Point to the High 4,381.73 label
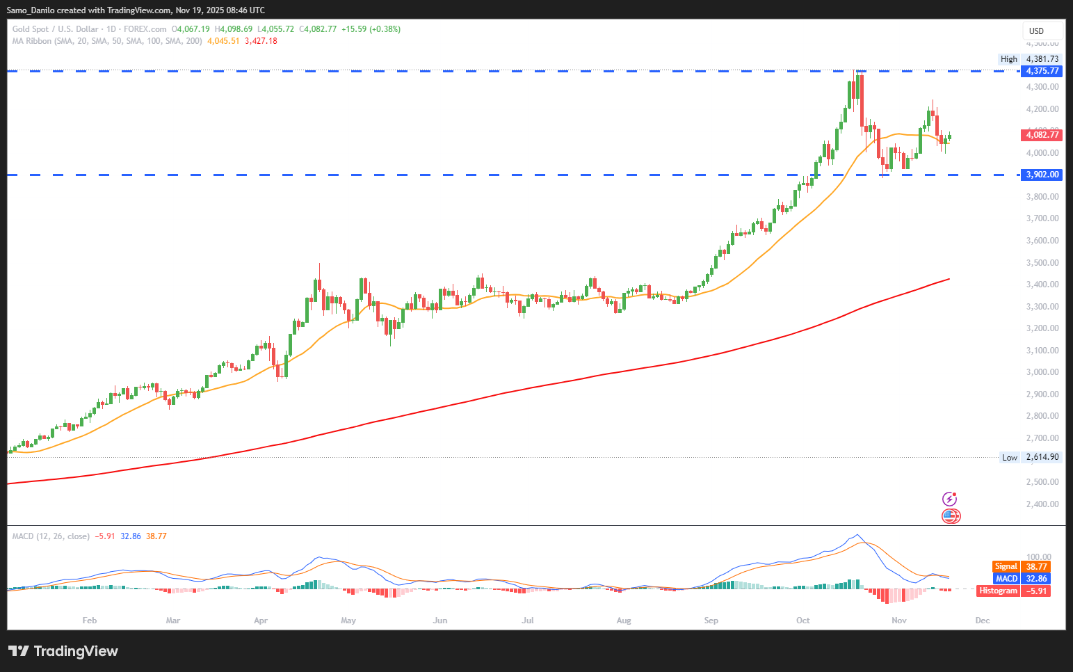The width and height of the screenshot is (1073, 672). point(1029,59)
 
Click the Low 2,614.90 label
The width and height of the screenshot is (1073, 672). point(1030,457)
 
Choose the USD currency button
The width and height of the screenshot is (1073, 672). point(1036,31)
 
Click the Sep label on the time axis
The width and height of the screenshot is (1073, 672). point(711,621)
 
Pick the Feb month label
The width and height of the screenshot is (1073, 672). point(90,621)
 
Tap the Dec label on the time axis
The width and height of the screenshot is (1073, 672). point(983,621)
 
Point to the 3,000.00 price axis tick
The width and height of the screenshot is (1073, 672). point(1042,372)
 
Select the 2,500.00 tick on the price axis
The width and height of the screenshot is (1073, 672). point(1042,482)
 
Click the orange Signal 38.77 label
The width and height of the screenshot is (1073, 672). point(1021,567)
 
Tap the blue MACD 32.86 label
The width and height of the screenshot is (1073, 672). point(1021,579)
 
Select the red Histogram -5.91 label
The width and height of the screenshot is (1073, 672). point(1013,591)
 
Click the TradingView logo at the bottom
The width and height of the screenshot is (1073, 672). point(63,651)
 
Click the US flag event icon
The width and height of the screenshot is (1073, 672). point(951,516)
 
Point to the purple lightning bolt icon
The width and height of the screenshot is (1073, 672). point(950,499)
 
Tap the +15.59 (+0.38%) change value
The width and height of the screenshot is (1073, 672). point(371,29)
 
